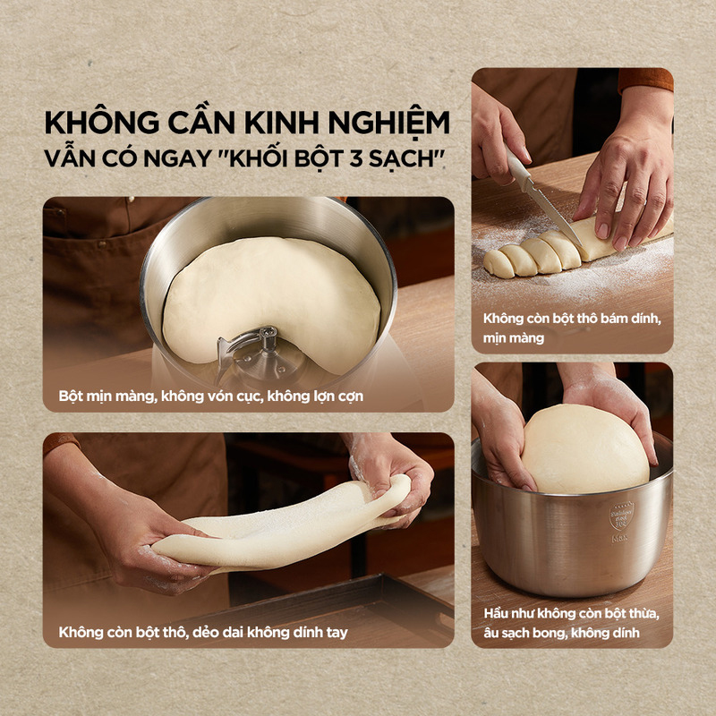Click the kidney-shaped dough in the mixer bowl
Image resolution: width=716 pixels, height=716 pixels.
coord(271,297)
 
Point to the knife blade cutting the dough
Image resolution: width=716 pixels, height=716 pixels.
coord(555,217)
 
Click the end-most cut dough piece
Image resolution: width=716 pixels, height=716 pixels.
coord(499,264)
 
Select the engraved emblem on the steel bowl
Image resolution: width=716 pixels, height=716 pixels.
coord(621,516)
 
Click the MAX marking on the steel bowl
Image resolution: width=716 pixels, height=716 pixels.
coord(619,539)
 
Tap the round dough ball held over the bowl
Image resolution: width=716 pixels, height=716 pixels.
coord(585,449)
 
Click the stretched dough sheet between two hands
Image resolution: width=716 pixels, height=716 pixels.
coord(282,525)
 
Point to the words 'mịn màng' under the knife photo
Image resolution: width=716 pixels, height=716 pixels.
coord(514,338)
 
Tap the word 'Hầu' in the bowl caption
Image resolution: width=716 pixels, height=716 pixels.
coord(496,613)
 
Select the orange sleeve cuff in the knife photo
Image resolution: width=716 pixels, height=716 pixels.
coord(645,80)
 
